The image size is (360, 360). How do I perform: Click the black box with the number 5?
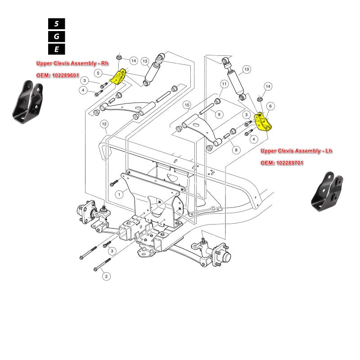click(56, 24)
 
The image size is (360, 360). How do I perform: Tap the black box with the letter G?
click(56, 36)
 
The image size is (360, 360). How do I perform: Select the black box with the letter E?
click(56, 49)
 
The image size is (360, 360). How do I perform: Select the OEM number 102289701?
click(282, 163)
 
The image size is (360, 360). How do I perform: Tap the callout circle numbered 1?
click(119, 194)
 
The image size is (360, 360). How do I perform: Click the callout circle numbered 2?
click(105, 276)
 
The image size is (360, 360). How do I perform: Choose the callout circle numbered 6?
click(270, 106)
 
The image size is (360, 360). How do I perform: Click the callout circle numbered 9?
click(219, 114)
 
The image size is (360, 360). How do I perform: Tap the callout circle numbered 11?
click(224, 84)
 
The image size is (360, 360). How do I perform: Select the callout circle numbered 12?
click(104, 123)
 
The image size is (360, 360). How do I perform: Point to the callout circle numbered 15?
click(187, 105)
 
